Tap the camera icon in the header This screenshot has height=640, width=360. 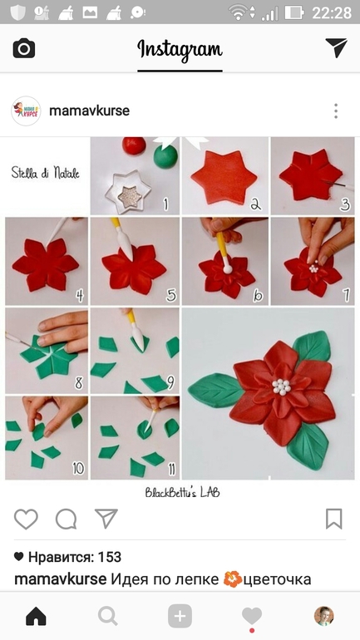(x=24, y=48)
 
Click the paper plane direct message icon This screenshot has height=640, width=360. (x=336, y=48)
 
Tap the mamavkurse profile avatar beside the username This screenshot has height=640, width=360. (x=26, y=111)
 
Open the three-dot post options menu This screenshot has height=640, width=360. (x=336, y=111)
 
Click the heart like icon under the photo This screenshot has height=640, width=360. (x=26, y=519)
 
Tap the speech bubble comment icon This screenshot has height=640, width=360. (x=67, y=519)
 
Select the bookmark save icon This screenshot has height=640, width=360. (x=334, y=519)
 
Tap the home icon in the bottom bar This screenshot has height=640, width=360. (x=36, y=616)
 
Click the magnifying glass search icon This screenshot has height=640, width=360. (x=108, y=616)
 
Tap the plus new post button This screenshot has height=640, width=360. (x=180, y=616)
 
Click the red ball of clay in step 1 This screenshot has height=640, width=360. (x=134, y=145)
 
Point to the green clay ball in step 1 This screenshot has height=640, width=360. (x=165, y=157)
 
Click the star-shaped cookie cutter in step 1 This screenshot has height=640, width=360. (x=128, y=192)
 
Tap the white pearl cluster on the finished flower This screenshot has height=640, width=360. (x=281, y=386)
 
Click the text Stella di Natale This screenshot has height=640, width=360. (x=45, y=173)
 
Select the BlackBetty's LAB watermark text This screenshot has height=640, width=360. (x=182, y=492)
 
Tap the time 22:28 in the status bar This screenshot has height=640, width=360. (x=332, y=12)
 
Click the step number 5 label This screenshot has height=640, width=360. (x=171, y=295)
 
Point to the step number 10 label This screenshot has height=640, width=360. (x=78, y=469)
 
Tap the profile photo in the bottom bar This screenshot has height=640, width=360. (x=323, y=616)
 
